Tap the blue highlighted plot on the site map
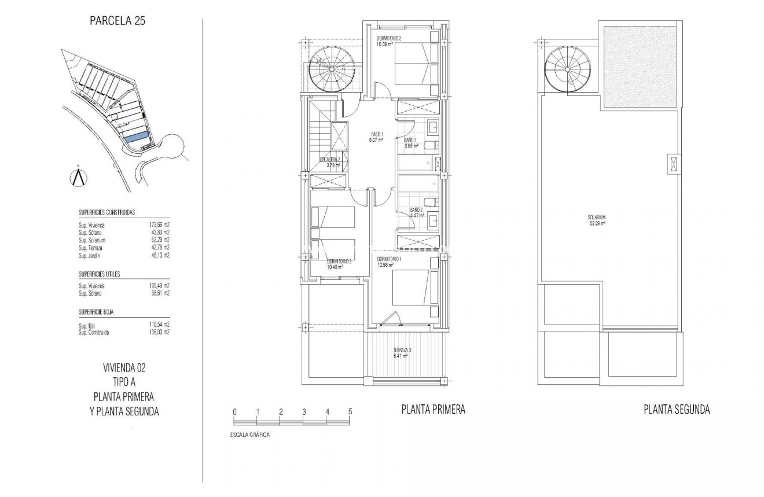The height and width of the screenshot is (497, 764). click(135, 138)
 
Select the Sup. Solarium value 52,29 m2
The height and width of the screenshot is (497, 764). click(159, 240)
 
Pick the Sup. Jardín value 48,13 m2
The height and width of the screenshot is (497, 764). click(159, 255)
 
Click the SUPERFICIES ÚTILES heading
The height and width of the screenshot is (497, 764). click(99, 274)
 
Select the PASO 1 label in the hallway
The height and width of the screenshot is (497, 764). click(377, 137)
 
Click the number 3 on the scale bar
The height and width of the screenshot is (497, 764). click(304, 411)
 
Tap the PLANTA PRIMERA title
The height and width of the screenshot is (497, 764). click(433, 410)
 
